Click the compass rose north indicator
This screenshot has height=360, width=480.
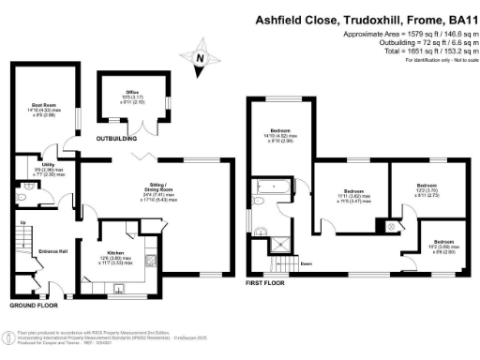[x=199, y=59]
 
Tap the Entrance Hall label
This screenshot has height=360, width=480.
[x=51, y=252]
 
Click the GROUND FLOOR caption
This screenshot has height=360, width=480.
[x=34, y=306]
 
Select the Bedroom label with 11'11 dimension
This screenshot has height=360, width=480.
[x=354, y=187]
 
